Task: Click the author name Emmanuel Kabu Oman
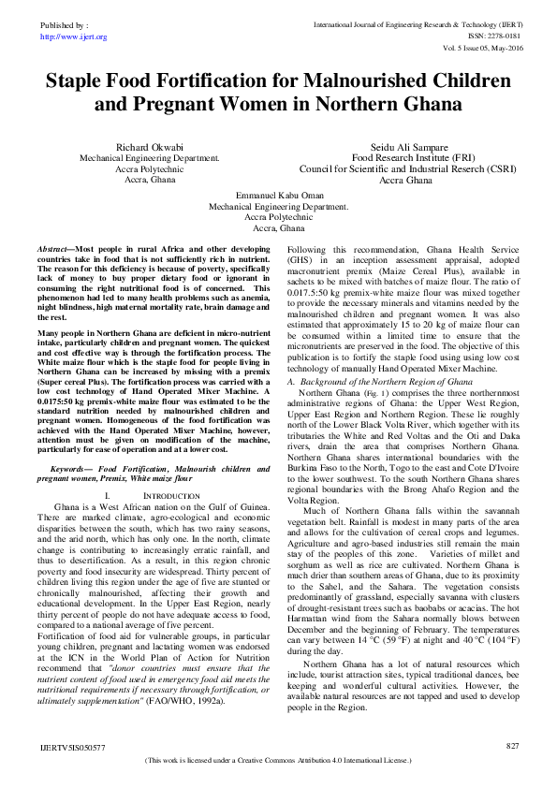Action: pos(278,195)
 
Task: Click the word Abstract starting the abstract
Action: pos(53,251)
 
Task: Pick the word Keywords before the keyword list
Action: pos(73,467)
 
